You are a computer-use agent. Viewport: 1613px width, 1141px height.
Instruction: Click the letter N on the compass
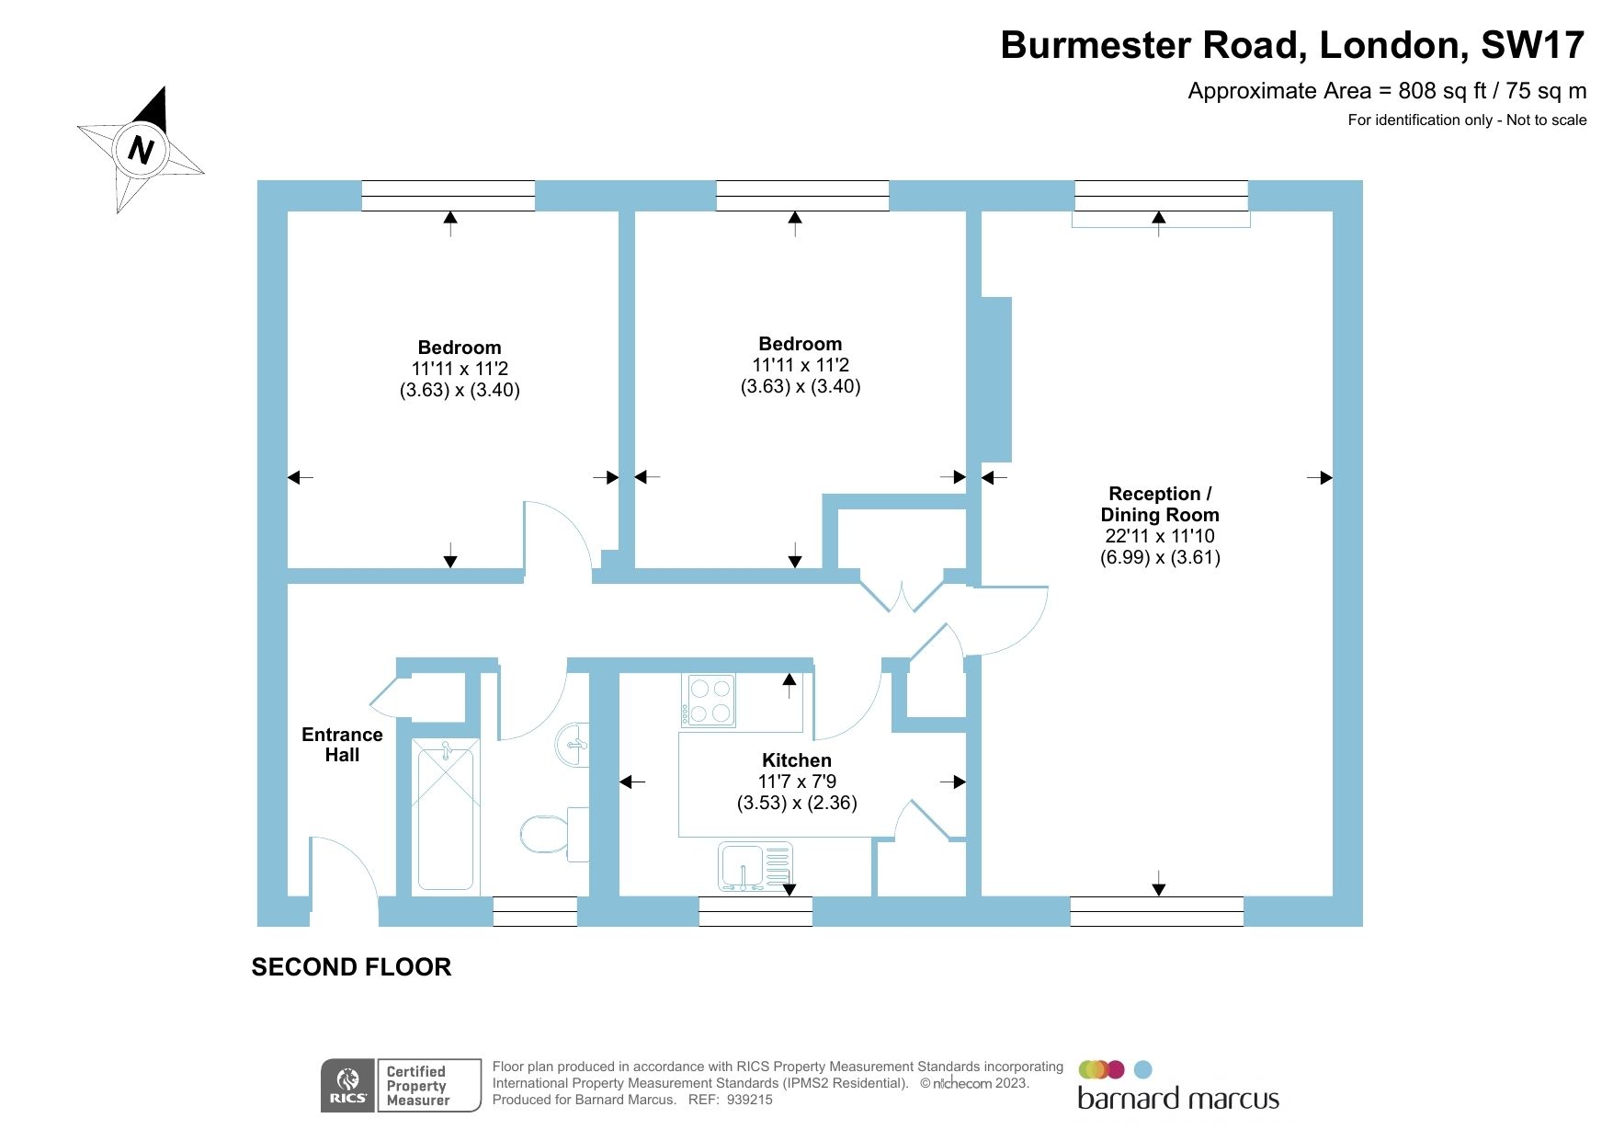click(141, 149)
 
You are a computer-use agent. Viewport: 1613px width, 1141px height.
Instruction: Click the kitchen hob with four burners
click(709, 700)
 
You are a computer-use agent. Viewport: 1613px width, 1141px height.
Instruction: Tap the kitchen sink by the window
click(754, 866)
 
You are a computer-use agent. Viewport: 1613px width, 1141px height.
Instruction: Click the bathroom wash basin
click(574, 743)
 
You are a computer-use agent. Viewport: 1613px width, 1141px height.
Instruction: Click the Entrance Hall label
click(342, 745)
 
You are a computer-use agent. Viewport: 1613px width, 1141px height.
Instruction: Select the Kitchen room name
click(796, 760)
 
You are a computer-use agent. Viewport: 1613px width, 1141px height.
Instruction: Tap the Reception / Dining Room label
click(1160, 504)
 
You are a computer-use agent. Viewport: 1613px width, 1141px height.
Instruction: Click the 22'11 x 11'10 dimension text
click(1160, 536)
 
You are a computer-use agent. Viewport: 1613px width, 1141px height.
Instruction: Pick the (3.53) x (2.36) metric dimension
click(796, 803)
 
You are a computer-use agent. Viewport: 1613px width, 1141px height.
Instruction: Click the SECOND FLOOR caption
click(351, 967)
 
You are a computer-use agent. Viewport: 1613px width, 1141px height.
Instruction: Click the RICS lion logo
click(347, 1085)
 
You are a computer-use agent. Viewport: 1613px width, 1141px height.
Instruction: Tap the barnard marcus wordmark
click(1177, 1099)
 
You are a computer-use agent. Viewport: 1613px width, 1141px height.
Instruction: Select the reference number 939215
click(749, 1100)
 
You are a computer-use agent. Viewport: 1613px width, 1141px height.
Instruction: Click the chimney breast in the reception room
click(995, 379)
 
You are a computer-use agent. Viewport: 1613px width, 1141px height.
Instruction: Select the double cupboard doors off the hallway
click(902, 595)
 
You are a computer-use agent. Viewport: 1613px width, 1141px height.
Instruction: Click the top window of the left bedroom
click(448, 196)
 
